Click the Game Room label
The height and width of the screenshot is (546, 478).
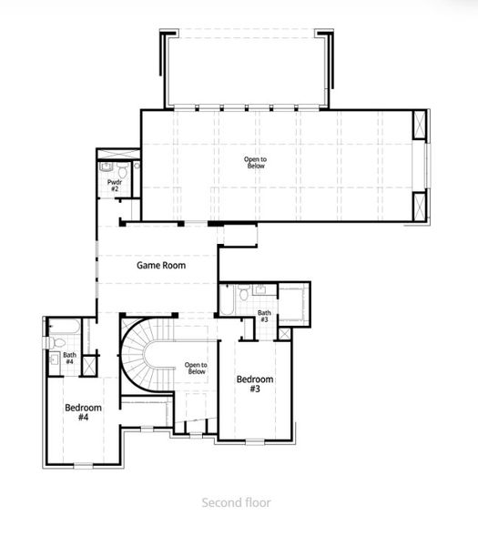[161, 266]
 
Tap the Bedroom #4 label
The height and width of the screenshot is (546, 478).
[83, 412]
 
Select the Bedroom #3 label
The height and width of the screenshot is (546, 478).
[255, 383]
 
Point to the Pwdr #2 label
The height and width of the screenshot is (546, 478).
[116, 186]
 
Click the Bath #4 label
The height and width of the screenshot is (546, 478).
[69, 359]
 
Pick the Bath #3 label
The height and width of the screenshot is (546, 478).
[264, 317]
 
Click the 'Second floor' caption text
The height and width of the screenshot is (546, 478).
[235, 501]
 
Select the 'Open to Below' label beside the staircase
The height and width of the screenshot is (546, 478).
[196, 369]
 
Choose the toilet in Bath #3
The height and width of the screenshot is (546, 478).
[242, 294]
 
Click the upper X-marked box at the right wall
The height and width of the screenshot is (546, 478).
[420, 123]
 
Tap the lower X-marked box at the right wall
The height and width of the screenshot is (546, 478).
[420, 206]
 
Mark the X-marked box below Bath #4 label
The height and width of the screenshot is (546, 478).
[88, 366]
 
